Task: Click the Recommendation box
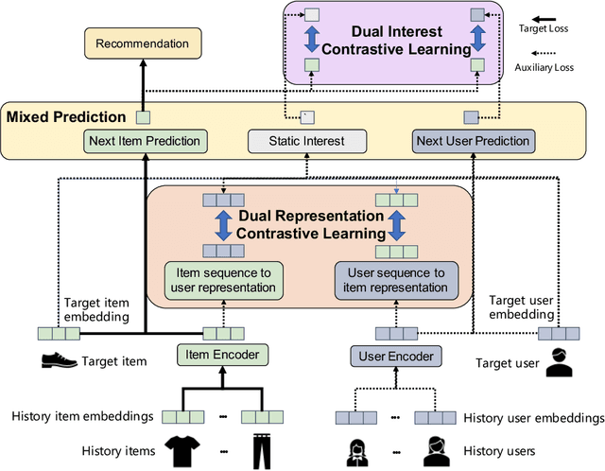(142, 44)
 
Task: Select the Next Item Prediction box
(144, 142)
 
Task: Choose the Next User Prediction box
(473, 142)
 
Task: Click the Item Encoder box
(218, 356)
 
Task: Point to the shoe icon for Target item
(59, 360)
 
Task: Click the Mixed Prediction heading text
(65, 117)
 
